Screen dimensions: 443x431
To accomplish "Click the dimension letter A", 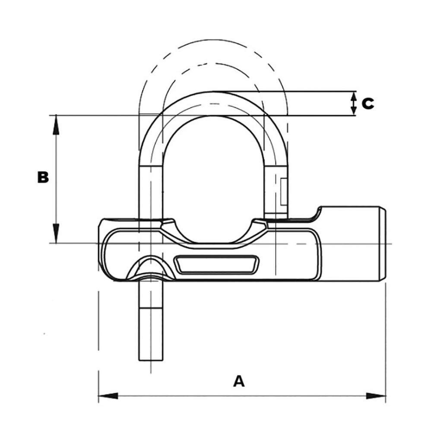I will [239, 381].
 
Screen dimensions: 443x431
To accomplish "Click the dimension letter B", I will [43, 177].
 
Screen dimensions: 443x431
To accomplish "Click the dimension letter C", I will [368, 104].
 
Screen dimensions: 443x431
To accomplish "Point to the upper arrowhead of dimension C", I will [354, 96].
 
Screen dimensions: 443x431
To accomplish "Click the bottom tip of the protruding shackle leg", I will [151, 359].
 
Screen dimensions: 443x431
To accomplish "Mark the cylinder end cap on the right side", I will [382, 244].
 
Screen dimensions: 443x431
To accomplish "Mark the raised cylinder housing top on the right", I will [350, 208].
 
